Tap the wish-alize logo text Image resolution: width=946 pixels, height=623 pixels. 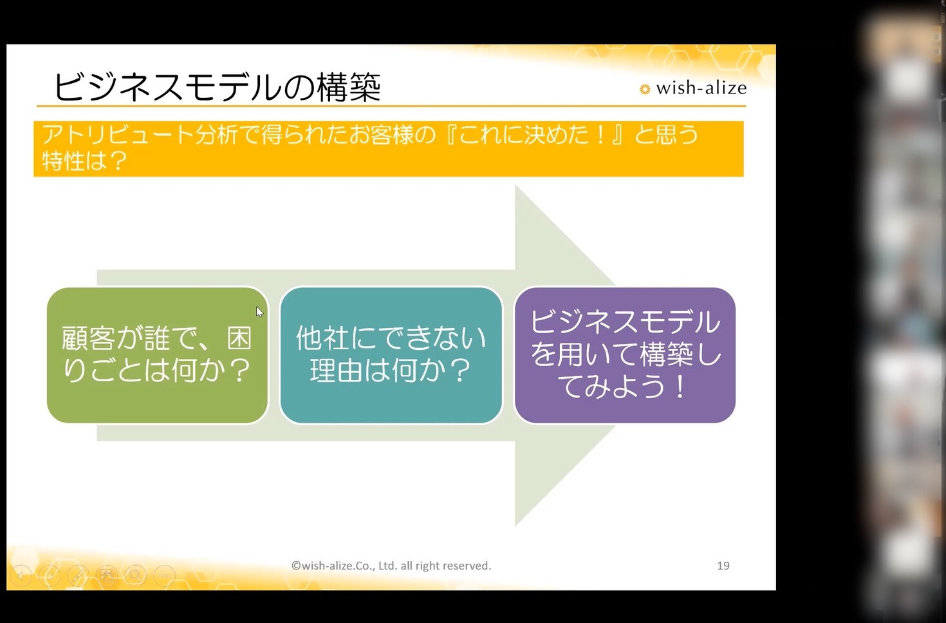tap(701, 88)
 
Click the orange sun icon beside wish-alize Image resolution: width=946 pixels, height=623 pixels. tap(645, 89)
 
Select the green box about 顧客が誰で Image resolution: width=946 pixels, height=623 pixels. tap(158, 355)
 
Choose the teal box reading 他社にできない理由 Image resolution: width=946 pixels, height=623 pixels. tap(391, 355)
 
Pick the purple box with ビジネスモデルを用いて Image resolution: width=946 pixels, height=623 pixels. tap(625, 355)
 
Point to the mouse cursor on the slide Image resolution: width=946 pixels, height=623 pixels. tap(259, 312)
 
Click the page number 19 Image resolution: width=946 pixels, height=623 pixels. tap(723, 566)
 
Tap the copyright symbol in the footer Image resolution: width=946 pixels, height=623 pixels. tap(296, 566)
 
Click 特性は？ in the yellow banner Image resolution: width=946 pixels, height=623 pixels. tap(84, 160)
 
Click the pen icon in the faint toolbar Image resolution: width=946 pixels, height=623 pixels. tap(78, 575)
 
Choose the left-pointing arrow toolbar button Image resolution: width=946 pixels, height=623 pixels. tap(21, 575)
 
